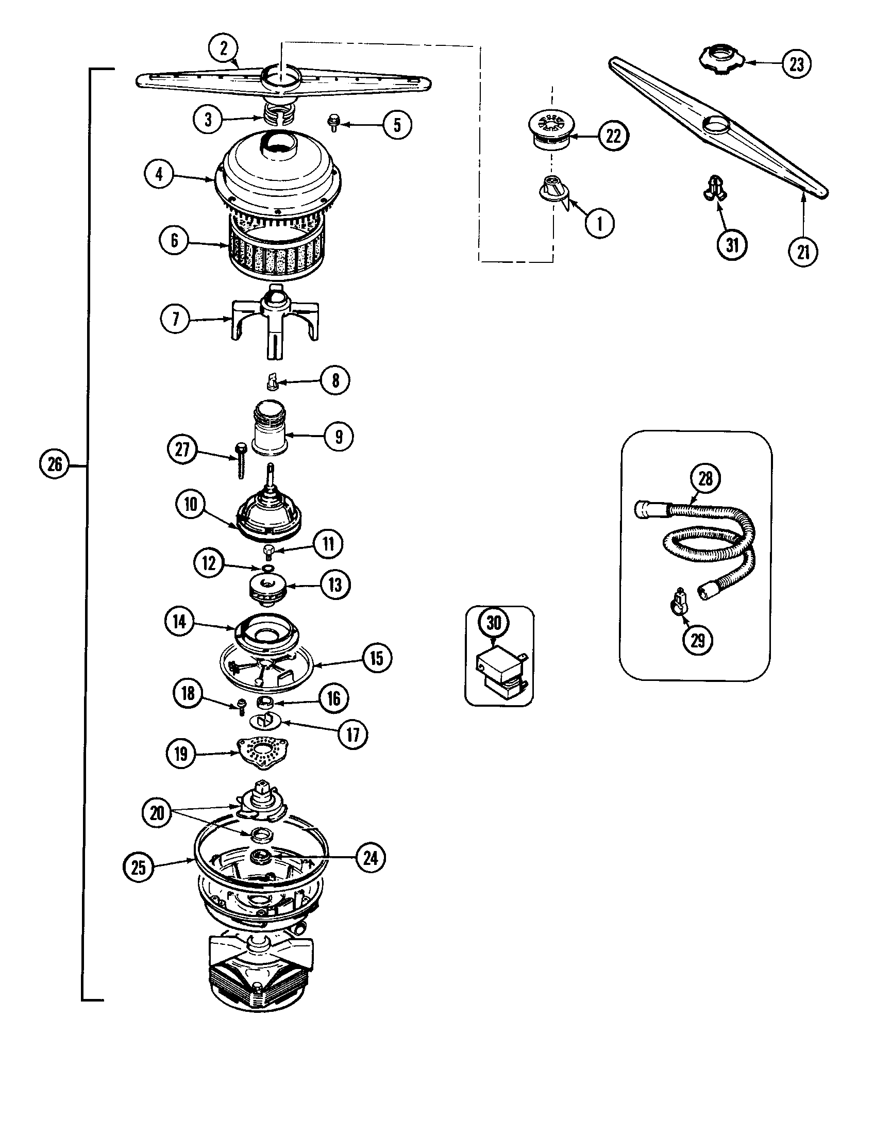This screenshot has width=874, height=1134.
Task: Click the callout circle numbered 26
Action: coord(55,464)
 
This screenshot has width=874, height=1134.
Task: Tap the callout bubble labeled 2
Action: coord(223,48)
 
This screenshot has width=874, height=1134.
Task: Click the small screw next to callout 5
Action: coord(334,124)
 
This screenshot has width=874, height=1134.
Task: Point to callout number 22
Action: coord(613,136)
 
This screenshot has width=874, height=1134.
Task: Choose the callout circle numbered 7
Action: coord(175,318)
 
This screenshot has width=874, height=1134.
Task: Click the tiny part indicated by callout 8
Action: coord(272,382)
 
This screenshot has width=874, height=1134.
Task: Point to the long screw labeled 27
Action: coord(241,459)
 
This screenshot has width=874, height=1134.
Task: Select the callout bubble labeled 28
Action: coord(705,478)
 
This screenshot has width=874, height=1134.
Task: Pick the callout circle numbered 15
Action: coord(376,658)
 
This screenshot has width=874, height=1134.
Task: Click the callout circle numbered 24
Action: coord(370,858)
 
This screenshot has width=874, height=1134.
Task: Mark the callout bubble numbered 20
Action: coord(157,813)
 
